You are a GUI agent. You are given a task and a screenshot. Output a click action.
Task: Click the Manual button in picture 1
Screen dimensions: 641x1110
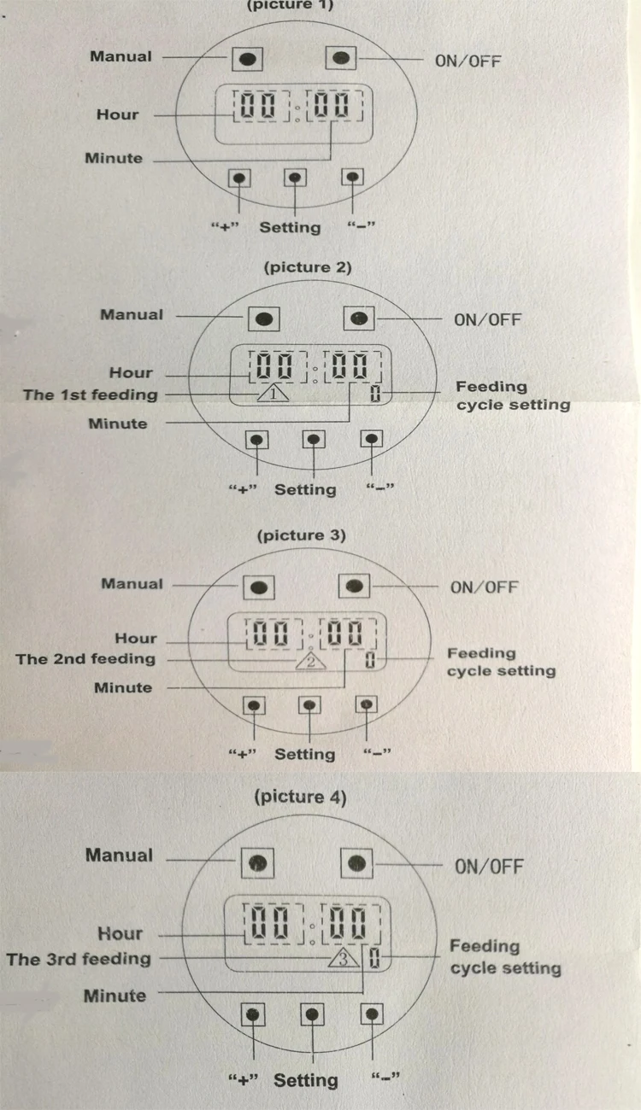point(247,59)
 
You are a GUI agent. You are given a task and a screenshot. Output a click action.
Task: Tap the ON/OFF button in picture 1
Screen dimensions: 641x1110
point(341,58)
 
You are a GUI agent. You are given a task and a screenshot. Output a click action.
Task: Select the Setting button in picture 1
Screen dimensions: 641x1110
point(295,178)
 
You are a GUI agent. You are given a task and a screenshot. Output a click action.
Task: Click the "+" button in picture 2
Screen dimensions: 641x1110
point(256,440)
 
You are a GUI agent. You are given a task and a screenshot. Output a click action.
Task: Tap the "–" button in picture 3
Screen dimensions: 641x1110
point(367,704)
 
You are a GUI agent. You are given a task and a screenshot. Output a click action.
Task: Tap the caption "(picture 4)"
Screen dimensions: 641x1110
point(300,797)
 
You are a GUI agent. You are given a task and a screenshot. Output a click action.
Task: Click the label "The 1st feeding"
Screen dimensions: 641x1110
point(91,394)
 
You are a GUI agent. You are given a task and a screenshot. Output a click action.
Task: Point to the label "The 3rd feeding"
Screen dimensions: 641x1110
point(79,959)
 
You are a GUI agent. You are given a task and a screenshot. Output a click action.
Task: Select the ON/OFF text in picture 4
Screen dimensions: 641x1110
point(489,867)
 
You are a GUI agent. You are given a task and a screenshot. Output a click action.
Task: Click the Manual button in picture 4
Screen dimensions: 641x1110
point(257,863)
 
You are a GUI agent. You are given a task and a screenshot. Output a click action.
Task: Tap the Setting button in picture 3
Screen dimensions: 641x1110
point(310,705)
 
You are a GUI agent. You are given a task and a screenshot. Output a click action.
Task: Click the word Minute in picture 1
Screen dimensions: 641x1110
point(114,158)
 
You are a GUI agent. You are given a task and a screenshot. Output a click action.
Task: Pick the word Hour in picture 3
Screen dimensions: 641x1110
point(136,638)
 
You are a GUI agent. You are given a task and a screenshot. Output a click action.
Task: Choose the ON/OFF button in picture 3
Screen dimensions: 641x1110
point(354,587)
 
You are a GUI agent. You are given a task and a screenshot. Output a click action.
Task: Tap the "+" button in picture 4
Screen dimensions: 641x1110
point(253,1014)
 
